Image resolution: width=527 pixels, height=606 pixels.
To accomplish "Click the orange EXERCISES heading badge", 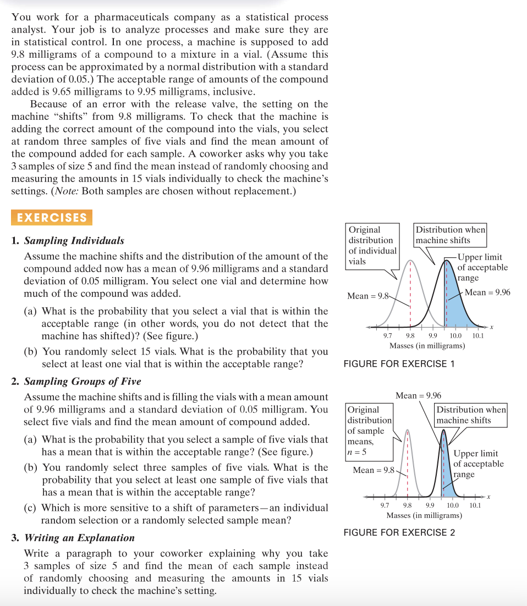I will click(52, 217).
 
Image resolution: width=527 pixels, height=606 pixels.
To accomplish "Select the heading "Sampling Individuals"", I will click(74, 241).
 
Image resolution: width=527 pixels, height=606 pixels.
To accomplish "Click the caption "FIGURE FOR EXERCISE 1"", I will click(399, 363).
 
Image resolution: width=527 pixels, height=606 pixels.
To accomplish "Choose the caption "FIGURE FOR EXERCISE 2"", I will click(399, 532).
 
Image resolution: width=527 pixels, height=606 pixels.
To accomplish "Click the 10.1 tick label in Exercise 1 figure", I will click(477, 335).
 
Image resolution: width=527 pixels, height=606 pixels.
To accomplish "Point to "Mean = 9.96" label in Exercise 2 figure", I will click(418, 395).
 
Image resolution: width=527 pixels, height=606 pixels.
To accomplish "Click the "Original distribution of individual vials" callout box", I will click(372, 245).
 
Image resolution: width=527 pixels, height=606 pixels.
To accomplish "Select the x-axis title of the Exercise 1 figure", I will click(427, 345).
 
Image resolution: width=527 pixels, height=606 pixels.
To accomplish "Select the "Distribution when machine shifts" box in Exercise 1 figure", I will click(450, 235).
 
